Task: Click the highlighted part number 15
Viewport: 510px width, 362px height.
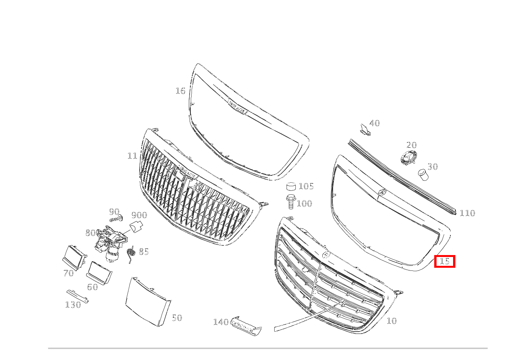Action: [x=445, y=262]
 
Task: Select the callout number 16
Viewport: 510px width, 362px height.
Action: [x=180, y=91]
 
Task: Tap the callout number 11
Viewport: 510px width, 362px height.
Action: [x=132, y=156]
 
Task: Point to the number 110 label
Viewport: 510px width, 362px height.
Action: [x=467, y=213]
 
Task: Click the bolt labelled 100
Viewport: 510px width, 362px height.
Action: [x=291, y=202]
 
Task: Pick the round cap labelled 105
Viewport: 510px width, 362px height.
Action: [x=292, y=187]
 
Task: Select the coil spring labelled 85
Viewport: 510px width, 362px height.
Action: [x=131, y=254]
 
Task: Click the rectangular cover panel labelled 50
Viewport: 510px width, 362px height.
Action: [x=147, y=302]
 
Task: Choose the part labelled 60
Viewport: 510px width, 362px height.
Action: [x=99, y=272]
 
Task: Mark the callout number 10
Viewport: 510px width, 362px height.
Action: [x=391, y=321]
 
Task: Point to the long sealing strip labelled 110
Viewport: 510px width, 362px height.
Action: [x=400, y=175]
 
